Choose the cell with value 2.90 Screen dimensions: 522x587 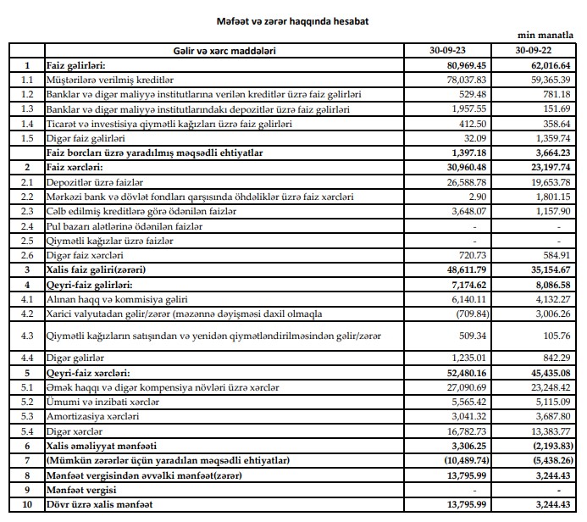(474, 197)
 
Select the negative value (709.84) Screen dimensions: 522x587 (466, 314)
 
